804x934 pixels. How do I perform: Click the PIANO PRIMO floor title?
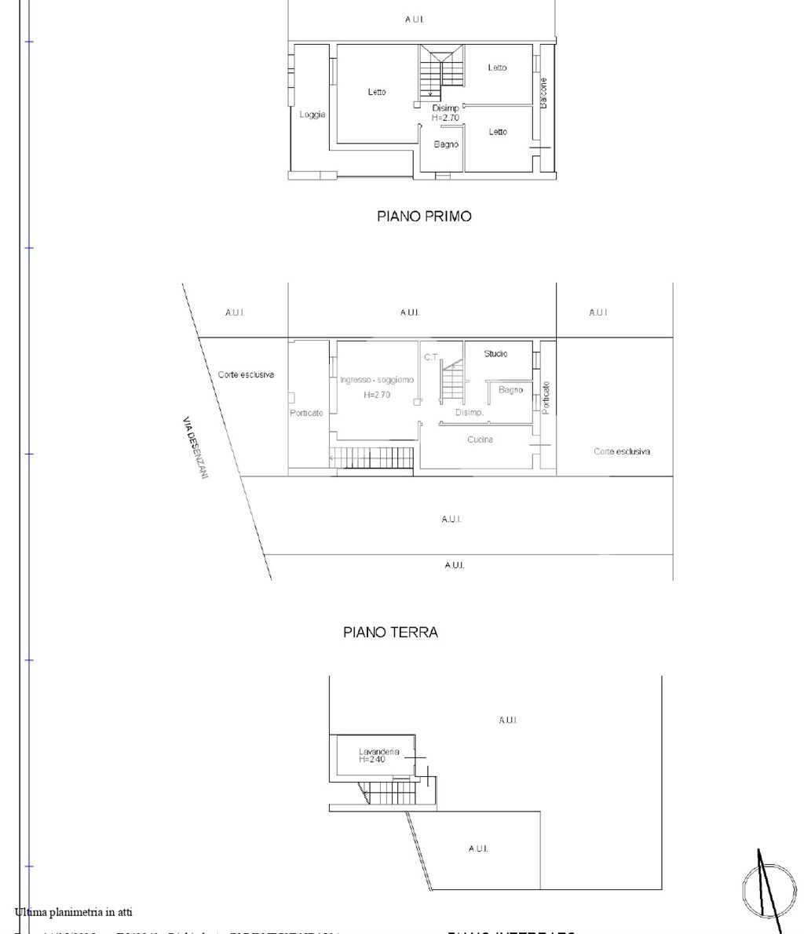tap(424, 216)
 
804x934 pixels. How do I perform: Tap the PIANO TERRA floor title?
tap(390, 632)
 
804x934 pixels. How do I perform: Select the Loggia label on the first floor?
tap(312, 115)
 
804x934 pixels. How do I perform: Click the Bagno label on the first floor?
tap(446, 144)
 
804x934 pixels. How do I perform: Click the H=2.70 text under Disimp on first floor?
tap(445, 118)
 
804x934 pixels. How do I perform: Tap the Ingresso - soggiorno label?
tap(377, 380)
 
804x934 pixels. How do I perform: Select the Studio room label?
tap(495, 354)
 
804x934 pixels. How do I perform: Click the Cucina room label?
tap(480, 440)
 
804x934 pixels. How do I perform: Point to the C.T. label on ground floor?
tap(430, 357)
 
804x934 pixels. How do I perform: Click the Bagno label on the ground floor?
tap(510, 390)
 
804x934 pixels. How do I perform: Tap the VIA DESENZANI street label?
tap(193, 448)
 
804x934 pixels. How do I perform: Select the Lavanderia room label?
tap(378, 751)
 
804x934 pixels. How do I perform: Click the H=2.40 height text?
tap(372, 760)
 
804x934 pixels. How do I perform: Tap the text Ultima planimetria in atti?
tap(73, 912)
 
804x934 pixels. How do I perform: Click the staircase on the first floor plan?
tap(440, 71)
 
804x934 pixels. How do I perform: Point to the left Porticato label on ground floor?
tap(306, 414)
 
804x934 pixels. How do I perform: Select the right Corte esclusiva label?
tap(622, 451)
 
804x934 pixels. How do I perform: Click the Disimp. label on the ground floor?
tap(470, 412)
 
